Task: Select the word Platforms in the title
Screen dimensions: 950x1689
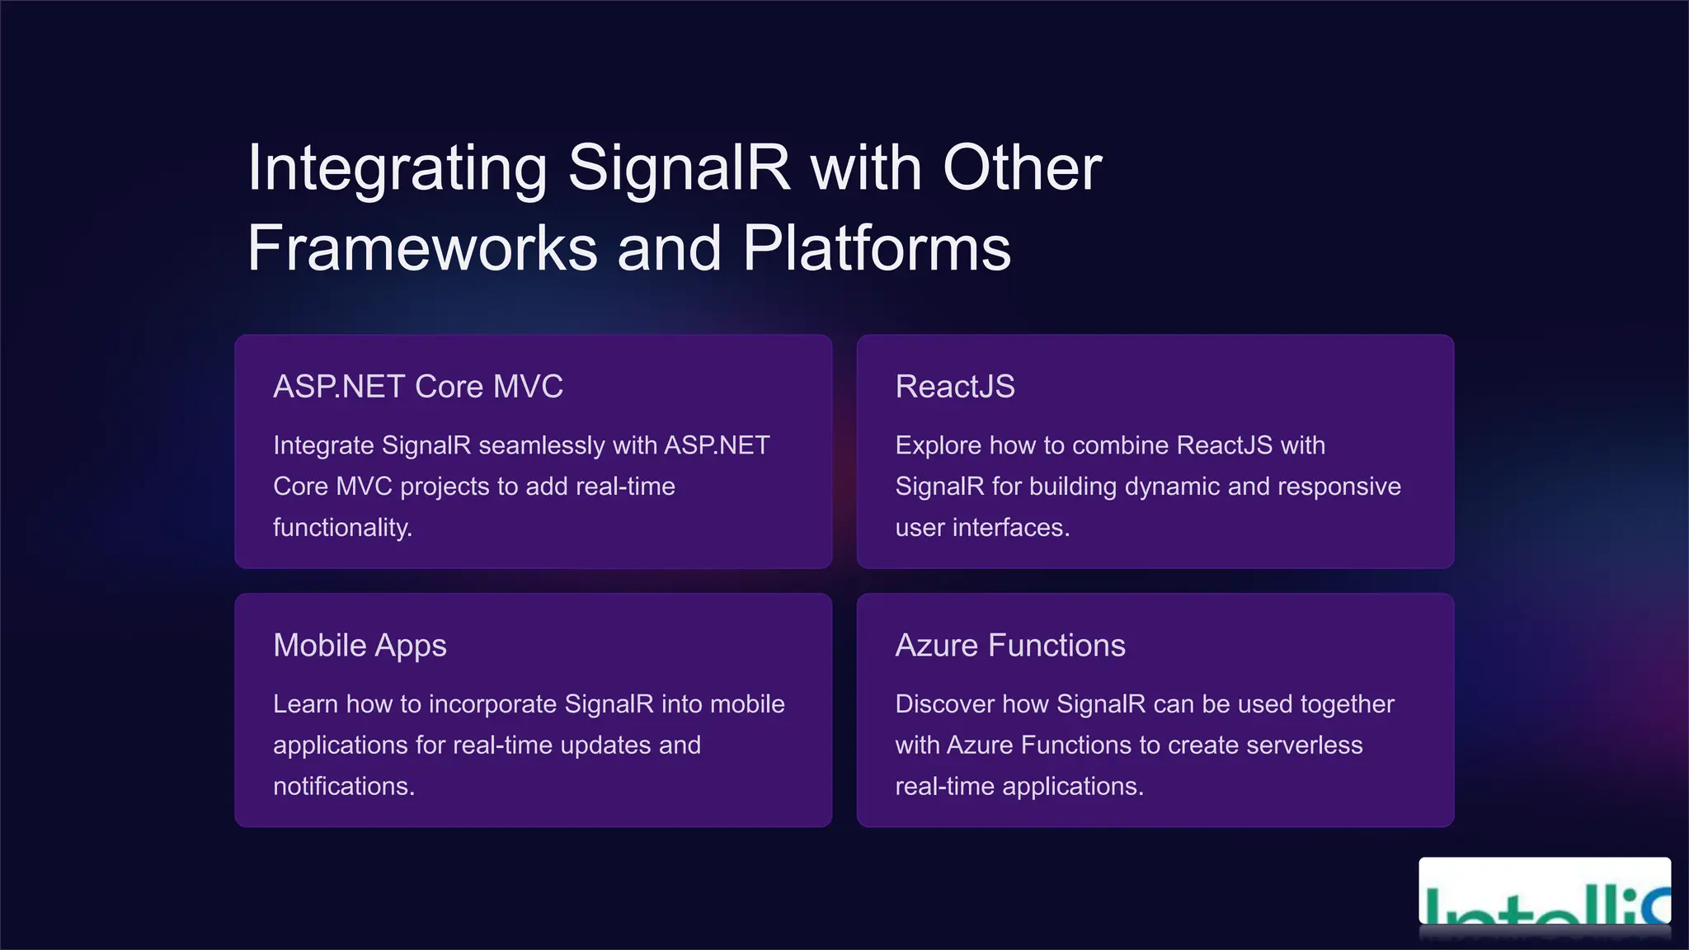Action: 877,248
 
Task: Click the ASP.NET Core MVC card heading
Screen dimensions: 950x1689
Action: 418,387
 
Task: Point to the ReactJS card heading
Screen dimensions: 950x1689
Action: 955,387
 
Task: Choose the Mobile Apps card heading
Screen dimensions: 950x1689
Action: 360,646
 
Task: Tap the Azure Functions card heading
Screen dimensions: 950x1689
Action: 1010,646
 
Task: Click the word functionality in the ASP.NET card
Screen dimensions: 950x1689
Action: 341,528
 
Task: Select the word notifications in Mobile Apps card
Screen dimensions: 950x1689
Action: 343,787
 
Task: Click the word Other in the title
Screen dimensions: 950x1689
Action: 1022,169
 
